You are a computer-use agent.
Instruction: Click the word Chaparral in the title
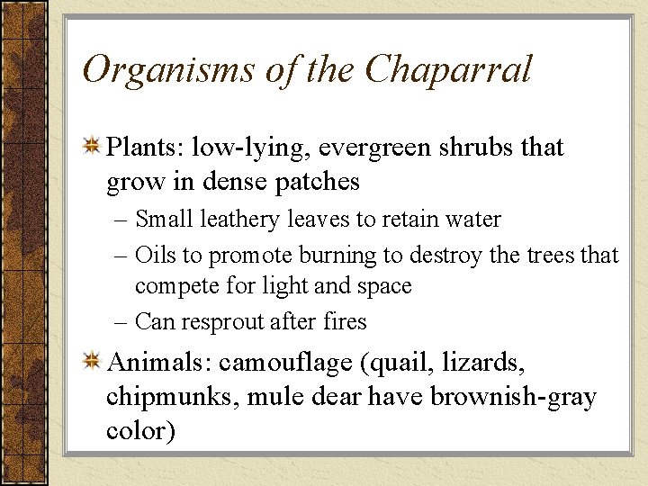click(449, 70)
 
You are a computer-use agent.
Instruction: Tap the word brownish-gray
click(513, 397)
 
